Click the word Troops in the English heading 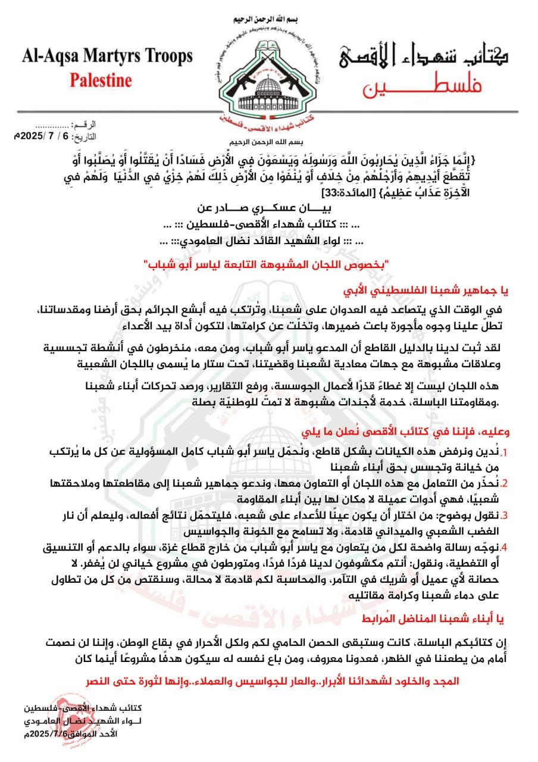point(163,57)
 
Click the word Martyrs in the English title point(105,57)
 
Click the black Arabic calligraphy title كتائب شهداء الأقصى point(426,57)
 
